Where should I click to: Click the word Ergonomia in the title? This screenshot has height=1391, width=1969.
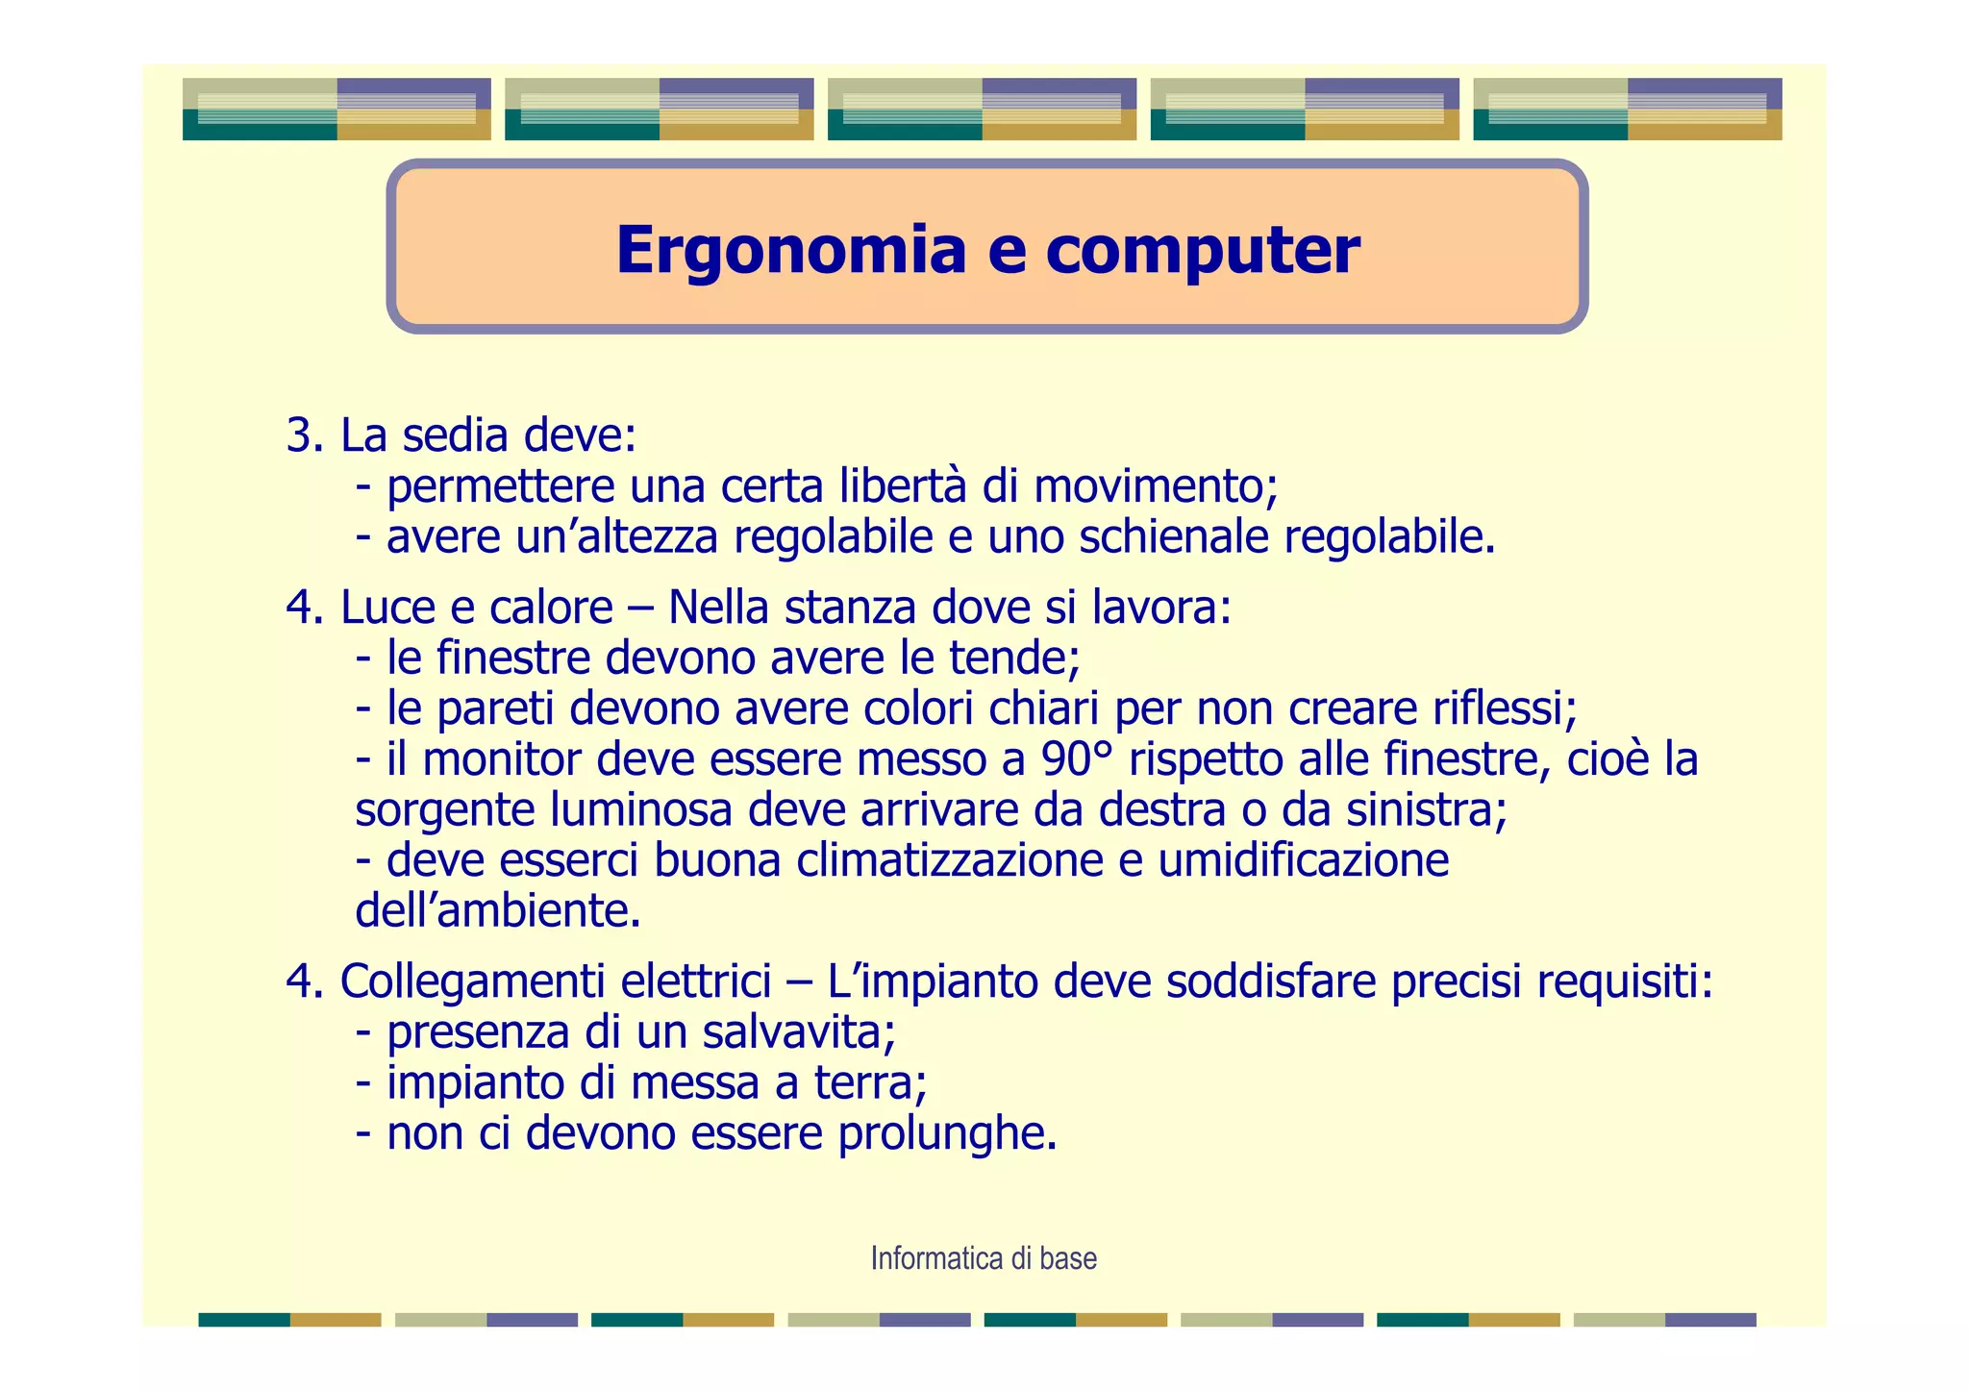(x=790, y=251)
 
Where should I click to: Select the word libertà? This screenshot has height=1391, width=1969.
(x=902, y=486)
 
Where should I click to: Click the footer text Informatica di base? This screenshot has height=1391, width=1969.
(x=984, y=1258)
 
